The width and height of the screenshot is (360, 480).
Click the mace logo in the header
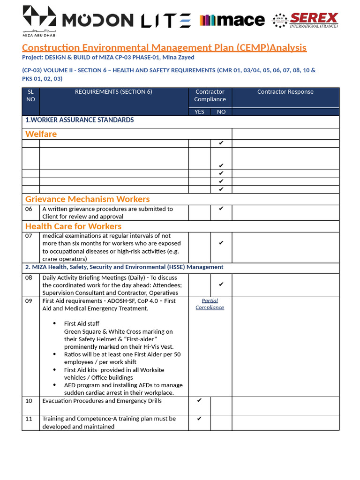tap(232, 20)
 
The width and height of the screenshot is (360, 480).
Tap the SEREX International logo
tap(306, 20)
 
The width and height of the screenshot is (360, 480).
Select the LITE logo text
tap(166, 20)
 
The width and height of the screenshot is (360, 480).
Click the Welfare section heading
tap(41, 134)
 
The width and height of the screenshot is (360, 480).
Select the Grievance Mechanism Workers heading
tap(87, 199)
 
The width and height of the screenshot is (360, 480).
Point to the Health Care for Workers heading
tap(73, 226)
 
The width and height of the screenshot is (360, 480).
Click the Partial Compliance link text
tap(210, 304)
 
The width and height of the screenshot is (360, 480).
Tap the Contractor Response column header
tap(285, 92)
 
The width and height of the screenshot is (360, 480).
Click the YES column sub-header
tap(199, 112)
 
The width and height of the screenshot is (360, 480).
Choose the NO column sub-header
tap(221, 112)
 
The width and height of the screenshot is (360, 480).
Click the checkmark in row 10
tap(199, 400)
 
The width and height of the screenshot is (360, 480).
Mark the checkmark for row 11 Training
tap(199, 419)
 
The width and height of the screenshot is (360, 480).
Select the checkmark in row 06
tap(221, 209)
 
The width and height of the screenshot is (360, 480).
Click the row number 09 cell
tap(29, 301)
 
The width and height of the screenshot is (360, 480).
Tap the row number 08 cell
tap(29, 277)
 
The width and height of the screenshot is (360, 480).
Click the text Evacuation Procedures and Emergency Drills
tap(102, 401)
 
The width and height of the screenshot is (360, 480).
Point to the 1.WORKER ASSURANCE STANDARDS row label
tap(80, 120)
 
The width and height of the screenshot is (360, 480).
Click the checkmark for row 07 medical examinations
tap(221, 243)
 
